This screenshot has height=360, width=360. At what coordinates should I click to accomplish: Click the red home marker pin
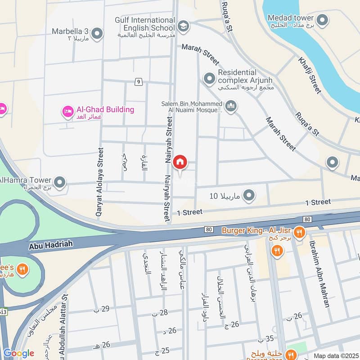point(180,162)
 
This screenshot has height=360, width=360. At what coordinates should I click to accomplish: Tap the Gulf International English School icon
point(183,26)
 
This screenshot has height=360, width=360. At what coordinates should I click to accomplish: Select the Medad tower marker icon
point(322,20)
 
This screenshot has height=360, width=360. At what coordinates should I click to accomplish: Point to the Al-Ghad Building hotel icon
point(68,111)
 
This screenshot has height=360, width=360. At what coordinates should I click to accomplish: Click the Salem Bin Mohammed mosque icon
point(231,106)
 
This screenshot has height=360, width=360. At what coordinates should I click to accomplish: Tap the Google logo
point(18,353)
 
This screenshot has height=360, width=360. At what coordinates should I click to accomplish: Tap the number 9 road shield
point(139,81)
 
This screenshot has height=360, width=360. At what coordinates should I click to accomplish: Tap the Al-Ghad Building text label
point(105,109)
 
